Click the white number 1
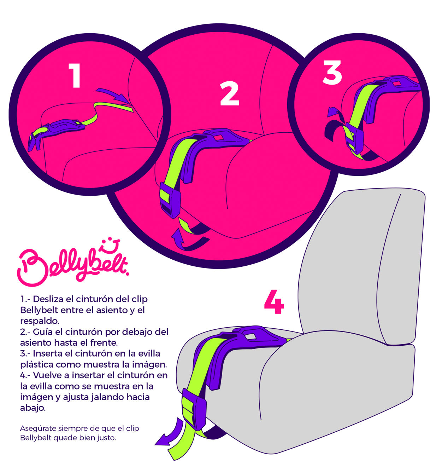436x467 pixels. pyautogui.click(x=75, y=75)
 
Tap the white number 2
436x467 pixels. pyautogui.click(x=230, y=94)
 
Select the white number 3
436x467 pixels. pyautogui.click(x=332, y=73)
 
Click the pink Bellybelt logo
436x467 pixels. pyautogui.click(x=72, y=265)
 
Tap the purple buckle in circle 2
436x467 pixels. pyautogui.click(x=170, y=200)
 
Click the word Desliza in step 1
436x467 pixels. pyautogui.click(x=48, y=299)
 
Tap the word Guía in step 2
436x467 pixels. pyautogui.click(x=43, y=332)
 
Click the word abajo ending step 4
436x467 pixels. pyautogui.click(x=33, y=408)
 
